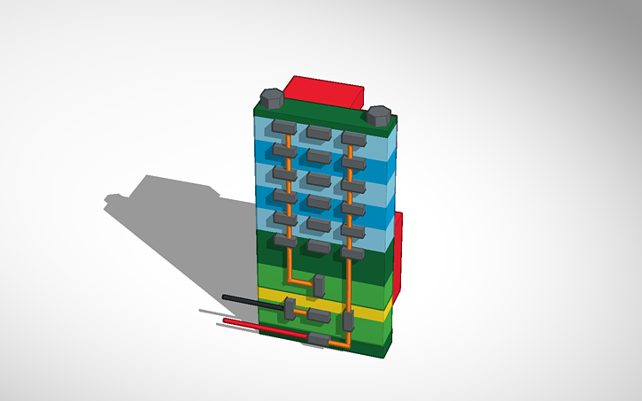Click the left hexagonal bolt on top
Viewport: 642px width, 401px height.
[x=271, y=94]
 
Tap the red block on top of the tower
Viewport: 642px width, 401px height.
[x=328, y=89]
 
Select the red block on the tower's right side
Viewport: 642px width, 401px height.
[x=398, y=252]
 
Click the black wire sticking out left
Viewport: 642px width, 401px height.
[x=251, y=301]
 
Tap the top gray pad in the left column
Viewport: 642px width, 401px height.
[x=282, y=127]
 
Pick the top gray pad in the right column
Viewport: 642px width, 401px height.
[x=354, y=138]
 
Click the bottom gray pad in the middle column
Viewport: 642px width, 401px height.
[x=319, y=247]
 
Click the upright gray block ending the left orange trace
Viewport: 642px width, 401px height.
[x=319, y=286]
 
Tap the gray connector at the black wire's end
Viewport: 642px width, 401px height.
[x=289, y=308]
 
